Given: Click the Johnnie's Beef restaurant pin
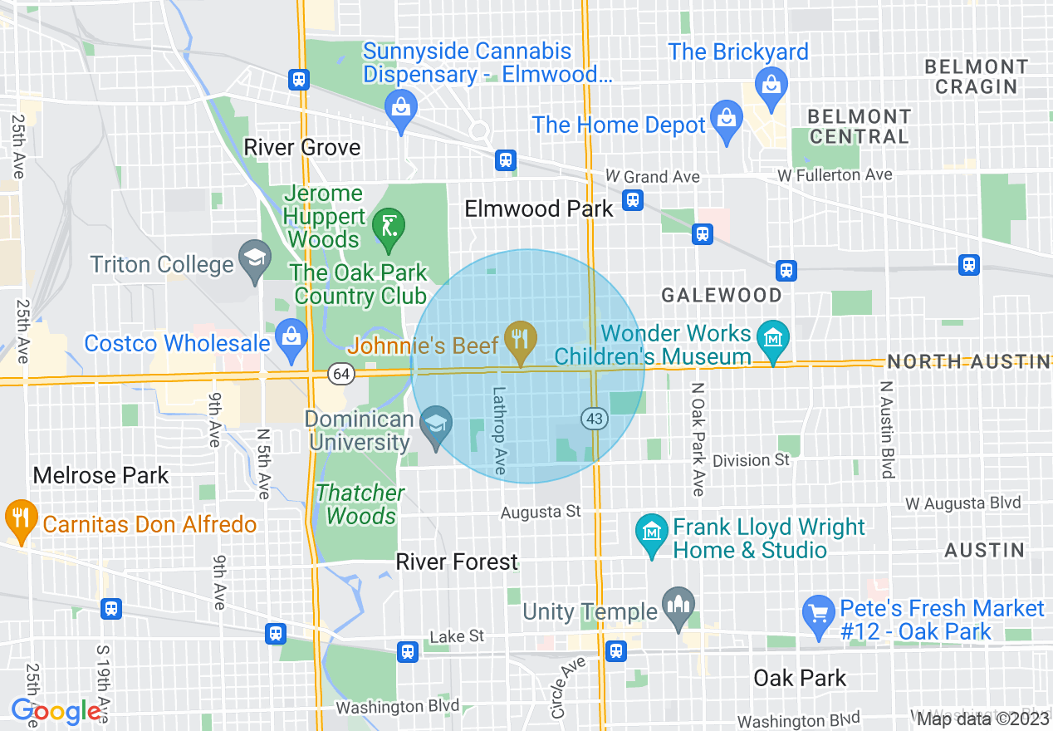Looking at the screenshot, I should pos(520,339).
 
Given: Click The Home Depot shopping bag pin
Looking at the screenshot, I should pos(727,119).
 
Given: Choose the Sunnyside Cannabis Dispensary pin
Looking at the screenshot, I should pos(400,108).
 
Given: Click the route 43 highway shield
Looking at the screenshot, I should pos(594,419).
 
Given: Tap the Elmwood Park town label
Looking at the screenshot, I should pos(538,209).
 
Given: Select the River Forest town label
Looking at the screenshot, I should pos(457,562).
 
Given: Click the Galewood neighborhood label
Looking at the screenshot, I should pos(721,295).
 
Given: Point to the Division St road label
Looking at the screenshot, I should pos(751,460).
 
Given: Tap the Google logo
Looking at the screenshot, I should pos(56,711).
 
